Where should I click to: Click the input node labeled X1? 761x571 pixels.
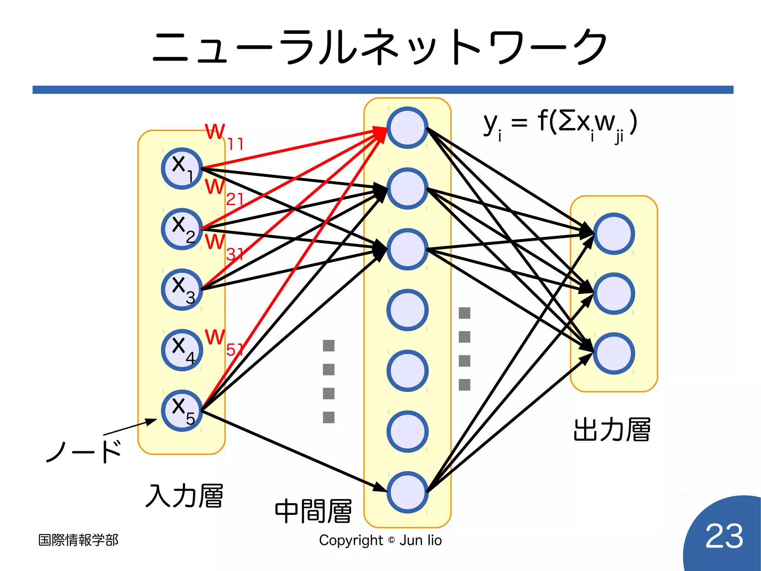click(182, 169)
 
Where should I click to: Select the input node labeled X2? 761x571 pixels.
click(182, 229)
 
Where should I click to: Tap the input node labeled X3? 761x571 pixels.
click(182, 289)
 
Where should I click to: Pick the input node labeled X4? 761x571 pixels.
click(182, 350)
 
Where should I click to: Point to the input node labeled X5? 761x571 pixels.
click(182, 411)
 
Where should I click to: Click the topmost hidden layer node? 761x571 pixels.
click(407, 128)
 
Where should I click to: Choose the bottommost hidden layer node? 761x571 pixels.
click(407, 492)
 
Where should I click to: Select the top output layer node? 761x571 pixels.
click(613, 234)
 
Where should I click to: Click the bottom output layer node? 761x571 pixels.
click(613, 353)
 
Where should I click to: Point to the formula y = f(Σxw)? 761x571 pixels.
click(560, 125)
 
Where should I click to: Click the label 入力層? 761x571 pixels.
click(185, 495)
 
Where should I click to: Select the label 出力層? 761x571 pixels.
click(612, 430)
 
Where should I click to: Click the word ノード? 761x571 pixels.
click(84, 451)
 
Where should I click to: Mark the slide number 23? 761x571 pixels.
click(724, 536)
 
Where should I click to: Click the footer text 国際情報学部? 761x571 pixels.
click(78, 540)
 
